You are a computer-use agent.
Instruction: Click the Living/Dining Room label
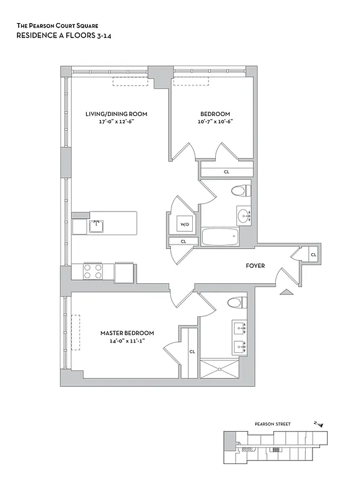116,114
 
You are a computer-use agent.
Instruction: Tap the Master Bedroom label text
127,333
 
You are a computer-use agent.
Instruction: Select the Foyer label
255,266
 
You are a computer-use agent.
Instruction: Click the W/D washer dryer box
185,224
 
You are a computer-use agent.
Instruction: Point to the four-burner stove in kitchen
93,271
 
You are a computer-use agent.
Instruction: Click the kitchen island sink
95,225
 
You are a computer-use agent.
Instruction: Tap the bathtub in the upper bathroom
219,237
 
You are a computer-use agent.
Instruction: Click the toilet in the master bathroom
235,304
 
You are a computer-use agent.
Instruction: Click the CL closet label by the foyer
313,254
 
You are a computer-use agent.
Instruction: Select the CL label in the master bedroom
192,352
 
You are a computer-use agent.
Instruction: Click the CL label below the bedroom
226,172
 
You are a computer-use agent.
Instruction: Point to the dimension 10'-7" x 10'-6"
215,122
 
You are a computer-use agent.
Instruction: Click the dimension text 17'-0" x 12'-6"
116,122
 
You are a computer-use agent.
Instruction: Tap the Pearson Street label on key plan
272,424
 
